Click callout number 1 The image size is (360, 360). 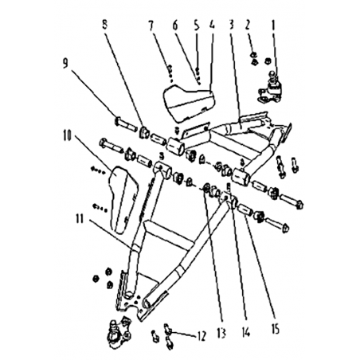click(273, 25)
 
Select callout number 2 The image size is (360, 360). click(248, 25)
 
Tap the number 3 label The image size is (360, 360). click(231, 25)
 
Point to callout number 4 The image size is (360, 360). click(212, 25)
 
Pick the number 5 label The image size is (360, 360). click(196, 25)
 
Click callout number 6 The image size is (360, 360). click(175, 25)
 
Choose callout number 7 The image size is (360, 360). click(151, 25)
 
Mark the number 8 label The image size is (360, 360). click(105, 25)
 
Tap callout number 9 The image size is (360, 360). click(65, 63)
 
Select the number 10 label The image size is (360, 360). click(68, 135)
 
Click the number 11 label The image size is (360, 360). click(80, 219)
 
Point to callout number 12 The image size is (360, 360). click(202, 336)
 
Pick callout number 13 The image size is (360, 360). click(221, 333)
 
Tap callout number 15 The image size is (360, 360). click(276, 330)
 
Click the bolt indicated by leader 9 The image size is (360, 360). click(126, 125)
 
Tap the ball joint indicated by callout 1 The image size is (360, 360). click(269, 88)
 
